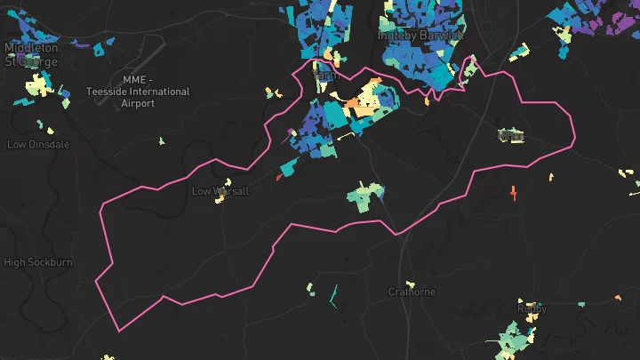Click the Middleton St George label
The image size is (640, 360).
pyautogui.click(x=31, y=54)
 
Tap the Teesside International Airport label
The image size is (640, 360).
pyautogui.click(x=138, y=92)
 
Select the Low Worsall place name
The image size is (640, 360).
pyautogui.click(x=220, y=191)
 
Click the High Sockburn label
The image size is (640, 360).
pyautogui.click(x=38, y=262)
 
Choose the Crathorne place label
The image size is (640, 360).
pyautogui.click(x=412, y=292)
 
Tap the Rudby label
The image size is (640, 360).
pyautogui.click(x=532, y=308)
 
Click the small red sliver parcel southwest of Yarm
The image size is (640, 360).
pyautogui.click(x=279, y=177)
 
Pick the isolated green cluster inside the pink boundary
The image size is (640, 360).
pyautogui.click(x=365, y=196)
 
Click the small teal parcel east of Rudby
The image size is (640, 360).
pyautogui.click(x=581, y=305)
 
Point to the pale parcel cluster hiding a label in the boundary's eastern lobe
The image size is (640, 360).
pyautogui.click(x=510, y=136)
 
